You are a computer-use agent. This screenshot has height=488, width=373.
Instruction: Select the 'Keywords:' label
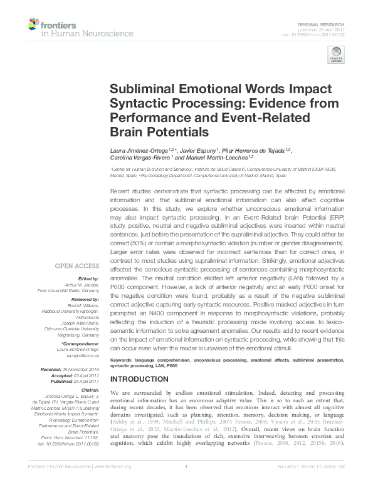(x=122, y=360)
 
